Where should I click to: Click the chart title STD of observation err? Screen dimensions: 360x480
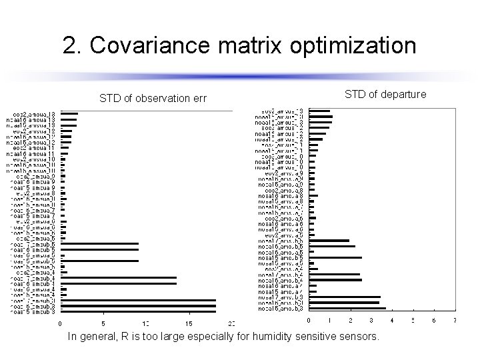(153, 99)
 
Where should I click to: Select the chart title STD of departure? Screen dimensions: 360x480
(385, 95)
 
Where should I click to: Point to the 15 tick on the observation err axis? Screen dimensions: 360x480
(189, 324)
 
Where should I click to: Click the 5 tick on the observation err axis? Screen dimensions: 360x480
(103, 324)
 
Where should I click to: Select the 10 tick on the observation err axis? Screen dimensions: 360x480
(145, 324)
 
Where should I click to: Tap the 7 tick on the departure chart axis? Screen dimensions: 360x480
(455, 321)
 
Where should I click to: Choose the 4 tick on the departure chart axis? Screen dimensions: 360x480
(392, 321)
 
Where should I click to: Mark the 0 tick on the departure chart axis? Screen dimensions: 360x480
(309, 321)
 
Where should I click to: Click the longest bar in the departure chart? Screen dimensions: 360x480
(347, 309)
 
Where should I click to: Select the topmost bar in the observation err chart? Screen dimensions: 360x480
(69, 114)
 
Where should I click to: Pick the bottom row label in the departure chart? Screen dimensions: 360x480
(279, 309)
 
